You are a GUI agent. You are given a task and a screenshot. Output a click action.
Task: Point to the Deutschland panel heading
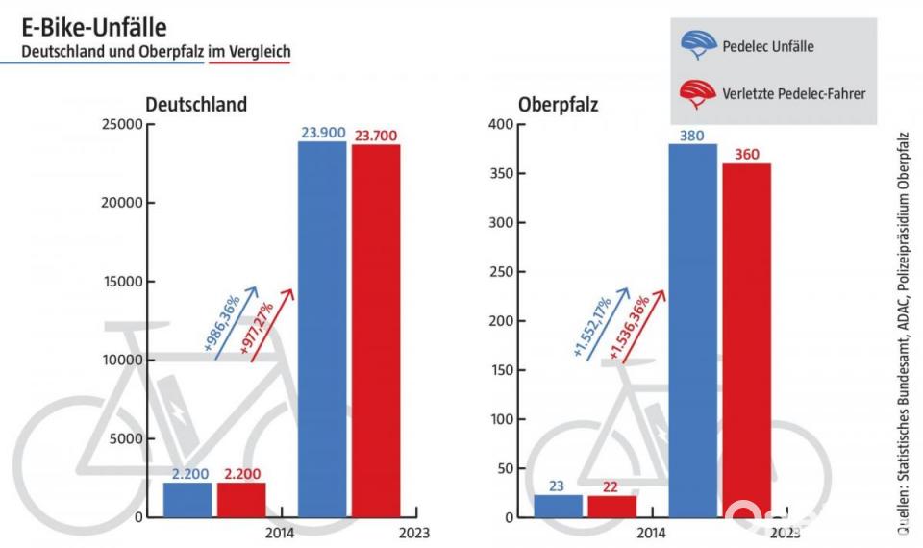pyautogui.click(x=195, y=104)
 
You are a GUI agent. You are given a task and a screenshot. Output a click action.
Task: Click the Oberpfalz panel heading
pyautogui.click(x=558, y=104)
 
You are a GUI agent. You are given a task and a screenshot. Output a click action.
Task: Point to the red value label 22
pyautogui.click(x=612, y=487)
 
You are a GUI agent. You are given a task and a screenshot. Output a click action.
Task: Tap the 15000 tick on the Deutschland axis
pyautogui.click(x=122, y=282)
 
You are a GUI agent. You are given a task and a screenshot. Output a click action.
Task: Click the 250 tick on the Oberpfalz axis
pyautogui.click(x=503, y=272)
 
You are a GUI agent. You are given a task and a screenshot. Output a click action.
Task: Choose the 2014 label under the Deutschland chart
pyautogui.click(x=279, y=533)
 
